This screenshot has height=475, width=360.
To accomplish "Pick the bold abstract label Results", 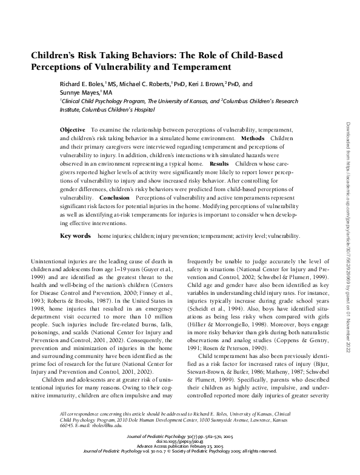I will tap(219, 164).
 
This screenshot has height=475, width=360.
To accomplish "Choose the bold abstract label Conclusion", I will tap(115, 198).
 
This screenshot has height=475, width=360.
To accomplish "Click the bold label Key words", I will tap(76, 234).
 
